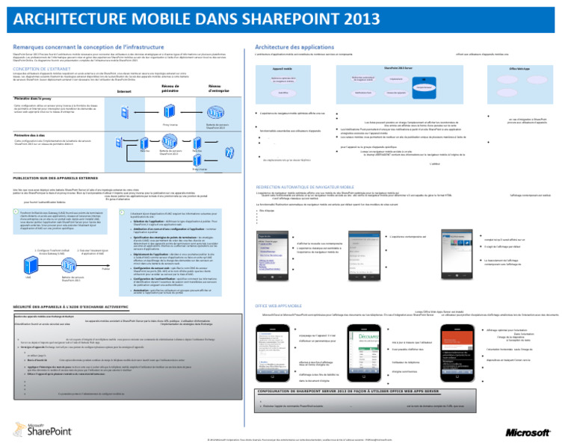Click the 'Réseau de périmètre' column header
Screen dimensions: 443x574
click(x=171, y=89)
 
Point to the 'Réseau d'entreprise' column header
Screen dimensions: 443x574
click(x=220, y=89)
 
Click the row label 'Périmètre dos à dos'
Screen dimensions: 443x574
click(x=31, y=135)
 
